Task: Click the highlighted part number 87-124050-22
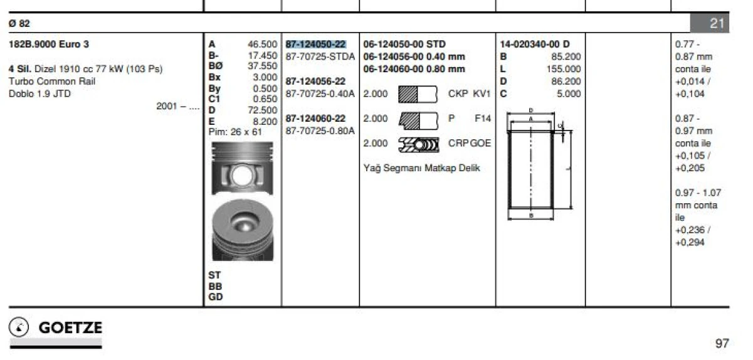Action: click(x=315, y=44)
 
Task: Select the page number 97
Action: click(x=722, y=343)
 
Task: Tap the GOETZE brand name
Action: click(x=70, y=328)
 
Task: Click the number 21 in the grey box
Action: click(x=717, y=23)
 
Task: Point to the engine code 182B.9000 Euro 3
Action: click(x=49, y=44)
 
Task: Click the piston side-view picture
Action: click(x=243, y=169)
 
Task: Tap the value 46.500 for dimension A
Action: click(x=262, y=44)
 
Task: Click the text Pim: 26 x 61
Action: click(x=235, y=132)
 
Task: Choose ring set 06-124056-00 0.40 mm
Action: click(x=414, y=56)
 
